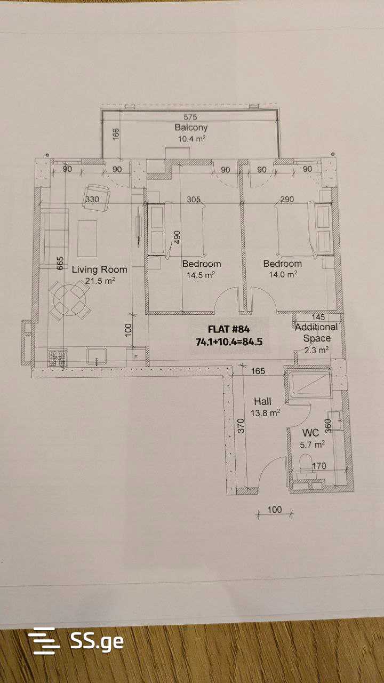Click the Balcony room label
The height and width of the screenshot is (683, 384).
(191, 128)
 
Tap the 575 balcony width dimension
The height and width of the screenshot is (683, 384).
(190, 117)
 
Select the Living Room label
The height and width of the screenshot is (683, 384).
(99, 269)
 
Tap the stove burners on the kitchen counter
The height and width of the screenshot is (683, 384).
(57, 358)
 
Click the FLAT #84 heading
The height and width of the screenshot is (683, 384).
(229, 329)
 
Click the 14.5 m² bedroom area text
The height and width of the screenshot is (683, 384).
(201, 275)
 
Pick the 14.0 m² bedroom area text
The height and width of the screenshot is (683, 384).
(283, 274)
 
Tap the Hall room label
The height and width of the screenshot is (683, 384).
(263, 401)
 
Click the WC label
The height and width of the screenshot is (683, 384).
(310, 433)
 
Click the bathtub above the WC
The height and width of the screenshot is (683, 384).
(309, 384)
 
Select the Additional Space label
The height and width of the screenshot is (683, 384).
(316, 332)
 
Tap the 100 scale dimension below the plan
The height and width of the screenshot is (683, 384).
(275, 510)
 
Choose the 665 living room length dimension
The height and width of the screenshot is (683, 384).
(60, 263)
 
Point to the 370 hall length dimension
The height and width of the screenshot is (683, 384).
(241, 426)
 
